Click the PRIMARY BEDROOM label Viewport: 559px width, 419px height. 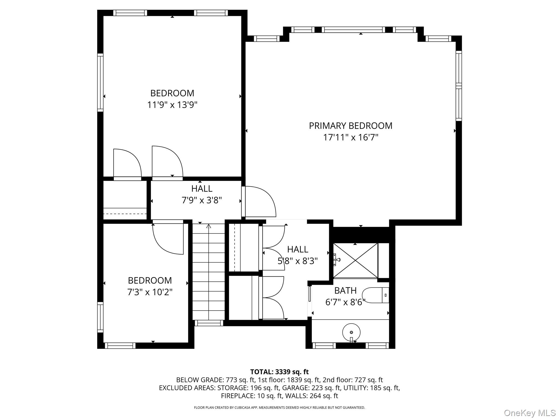coord(350,126)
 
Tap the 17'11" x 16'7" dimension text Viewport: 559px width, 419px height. coord(350,137)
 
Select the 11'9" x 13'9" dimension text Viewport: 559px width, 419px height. coord(172,105)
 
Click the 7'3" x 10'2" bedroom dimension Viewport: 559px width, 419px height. coord(150,292)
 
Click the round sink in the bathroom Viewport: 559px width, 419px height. coord(351,332)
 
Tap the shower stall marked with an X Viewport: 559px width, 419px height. coord(355,261)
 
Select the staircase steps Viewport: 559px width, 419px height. coord(209,273)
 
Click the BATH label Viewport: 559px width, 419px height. coord(345,291)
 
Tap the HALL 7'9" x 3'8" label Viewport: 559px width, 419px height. coord(202,194)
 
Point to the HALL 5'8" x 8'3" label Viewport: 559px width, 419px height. coord(298,255)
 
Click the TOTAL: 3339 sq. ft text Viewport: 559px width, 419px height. coord(279,372)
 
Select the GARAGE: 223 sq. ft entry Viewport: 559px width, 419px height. coord(311,388)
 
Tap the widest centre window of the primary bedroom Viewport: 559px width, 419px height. coord(353,30)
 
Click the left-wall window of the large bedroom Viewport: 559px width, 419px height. coord(100,82)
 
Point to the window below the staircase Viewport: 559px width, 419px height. coord(209,323)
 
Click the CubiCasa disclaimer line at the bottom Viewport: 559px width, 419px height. coord(279,408)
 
